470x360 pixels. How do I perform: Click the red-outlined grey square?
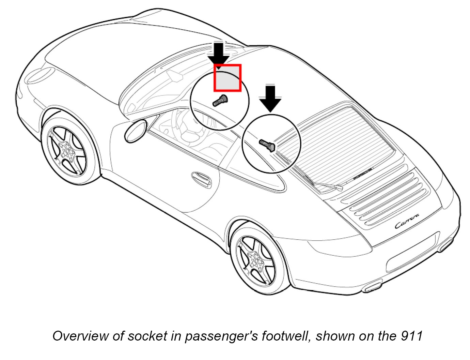[x=228, y=78]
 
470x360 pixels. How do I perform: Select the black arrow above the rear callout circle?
[x=270, y=98]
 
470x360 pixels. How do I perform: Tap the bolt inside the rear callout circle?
[x=268, y=145]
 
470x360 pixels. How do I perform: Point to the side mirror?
[x=136, y=130]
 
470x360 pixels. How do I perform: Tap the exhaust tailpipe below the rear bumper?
[x=372, y=286]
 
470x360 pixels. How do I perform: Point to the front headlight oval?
[x=40, y=75]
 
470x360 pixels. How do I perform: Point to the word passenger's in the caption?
[x=221, y=336]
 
